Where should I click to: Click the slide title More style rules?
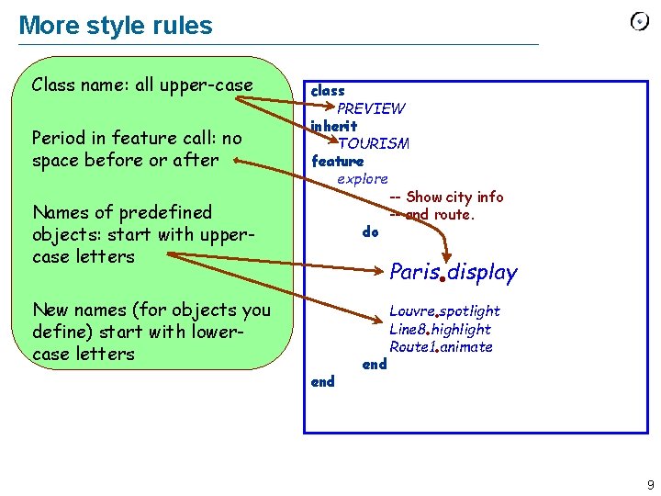116,26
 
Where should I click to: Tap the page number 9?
650,484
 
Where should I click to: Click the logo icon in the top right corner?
639,22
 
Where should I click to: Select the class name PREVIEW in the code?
371,108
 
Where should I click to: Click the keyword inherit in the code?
333,125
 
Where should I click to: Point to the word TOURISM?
373,143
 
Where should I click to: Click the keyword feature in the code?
337,161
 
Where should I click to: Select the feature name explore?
362,178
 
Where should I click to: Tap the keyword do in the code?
370,231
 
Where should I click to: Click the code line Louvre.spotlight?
444,310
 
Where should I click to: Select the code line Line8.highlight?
440,329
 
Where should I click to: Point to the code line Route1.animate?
441,346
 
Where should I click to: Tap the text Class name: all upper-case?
141,85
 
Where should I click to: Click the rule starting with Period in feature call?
136,149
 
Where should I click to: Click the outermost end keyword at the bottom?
322,381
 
